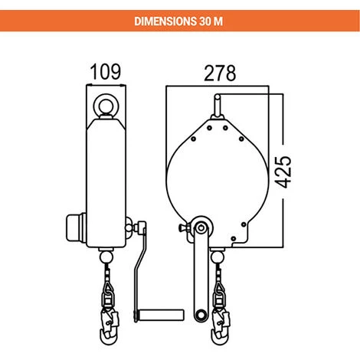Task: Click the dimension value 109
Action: point(106,71)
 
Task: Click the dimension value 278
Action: point(220,73)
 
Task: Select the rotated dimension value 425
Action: point(283,172)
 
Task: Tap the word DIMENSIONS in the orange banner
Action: point(165,21)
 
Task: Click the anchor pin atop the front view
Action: point(218,106)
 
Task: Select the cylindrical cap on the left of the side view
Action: point(77,227)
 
